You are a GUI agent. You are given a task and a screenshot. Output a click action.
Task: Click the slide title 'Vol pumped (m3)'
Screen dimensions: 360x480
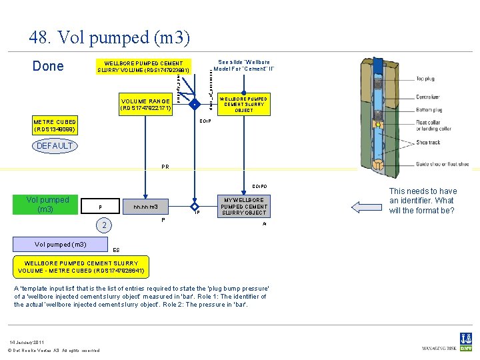pos(109,38)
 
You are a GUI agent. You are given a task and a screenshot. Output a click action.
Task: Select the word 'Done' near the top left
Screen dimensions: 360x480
pos(48,66)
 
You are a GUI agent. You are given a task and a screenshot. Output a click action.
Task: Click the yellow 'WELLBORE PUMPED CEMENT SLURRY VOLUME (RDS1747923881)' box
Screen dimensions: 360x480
pos(143,66)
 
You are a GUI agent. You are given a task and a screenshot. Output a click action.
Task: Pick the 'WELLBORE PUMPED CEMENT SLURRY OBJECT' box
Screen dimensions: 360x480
pos(243,104)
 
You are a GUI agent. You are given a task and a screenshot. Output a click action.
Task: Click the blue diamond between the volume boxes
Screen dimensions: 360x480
pos(193,105)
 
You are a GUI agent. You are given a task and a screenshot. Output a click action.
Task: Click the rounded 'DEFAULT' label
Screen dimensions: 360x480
pos(55,145)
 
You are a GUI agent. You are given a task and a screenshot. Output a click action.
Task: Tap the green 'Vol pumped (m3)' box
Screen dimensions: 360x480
pos(47,205)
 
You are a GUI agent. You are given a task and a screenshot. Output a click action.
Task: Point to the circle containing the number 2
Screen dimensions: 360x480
pos(103,225)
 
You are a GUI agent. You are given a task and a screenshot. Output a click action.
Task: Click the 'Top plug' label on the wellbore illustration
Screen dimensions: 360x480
pos(425,79)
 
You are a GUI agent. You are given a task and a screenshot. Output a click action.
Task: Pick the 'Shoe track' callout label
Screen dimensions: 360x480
pos(429,143)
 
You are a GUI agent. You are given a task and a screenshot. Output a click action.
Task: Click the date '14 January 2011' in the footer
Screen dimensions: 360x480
pos(27,341)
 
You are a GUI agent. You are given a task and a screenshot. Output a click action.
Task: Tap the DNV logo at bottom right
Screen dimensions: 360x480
pos(465,340)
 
